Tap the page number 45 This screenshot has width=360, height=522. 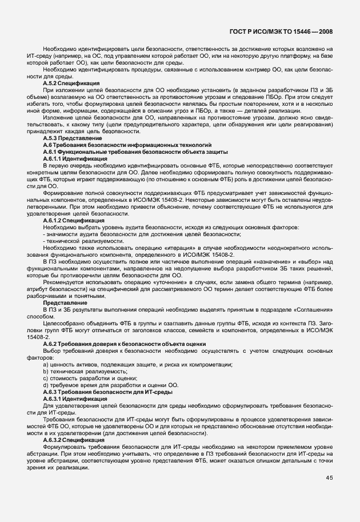(330, 478)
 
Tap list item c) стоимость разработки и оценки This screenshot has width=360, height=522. (90, 378)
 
